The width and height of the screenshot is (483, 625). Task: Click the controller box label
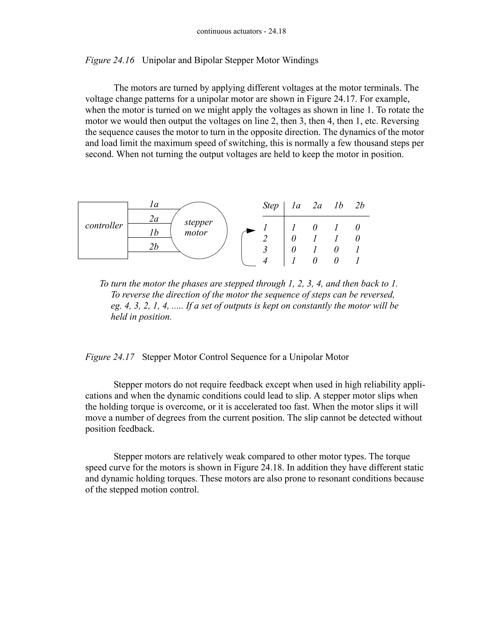(x=104, y=225)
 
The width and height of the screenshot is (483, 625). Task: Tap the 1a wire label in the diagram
(x=154, y=204)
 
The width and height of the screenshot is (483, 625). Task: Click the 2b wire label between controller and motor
(x=154, y=247)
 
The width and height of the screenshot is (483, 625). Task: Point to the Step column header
(x=271, y=205)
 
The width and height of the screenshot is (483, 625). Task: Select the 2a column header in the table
(x=317, y=205)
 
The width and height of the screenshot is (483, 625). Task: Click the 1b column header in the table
(x=338, y=205)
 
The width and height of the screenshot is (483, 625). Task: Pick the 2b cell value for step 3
(x=357, y=250)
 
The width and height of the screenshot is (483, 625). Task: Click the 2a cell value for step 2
(x=315, y=238)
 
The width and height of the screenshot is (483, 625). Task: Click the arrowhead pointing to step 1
(x=251, y=231)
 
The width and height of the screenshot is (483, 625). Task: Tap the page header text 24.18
(x=277, y=31)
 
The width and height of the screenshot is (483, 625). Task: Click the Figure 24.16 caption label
(x=110, y=60)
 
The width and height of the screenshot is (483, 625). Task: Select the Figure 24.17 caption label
(x=110, y=357)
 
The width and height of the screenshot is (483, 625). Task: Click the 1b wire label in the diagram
(x=154, y=233)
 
